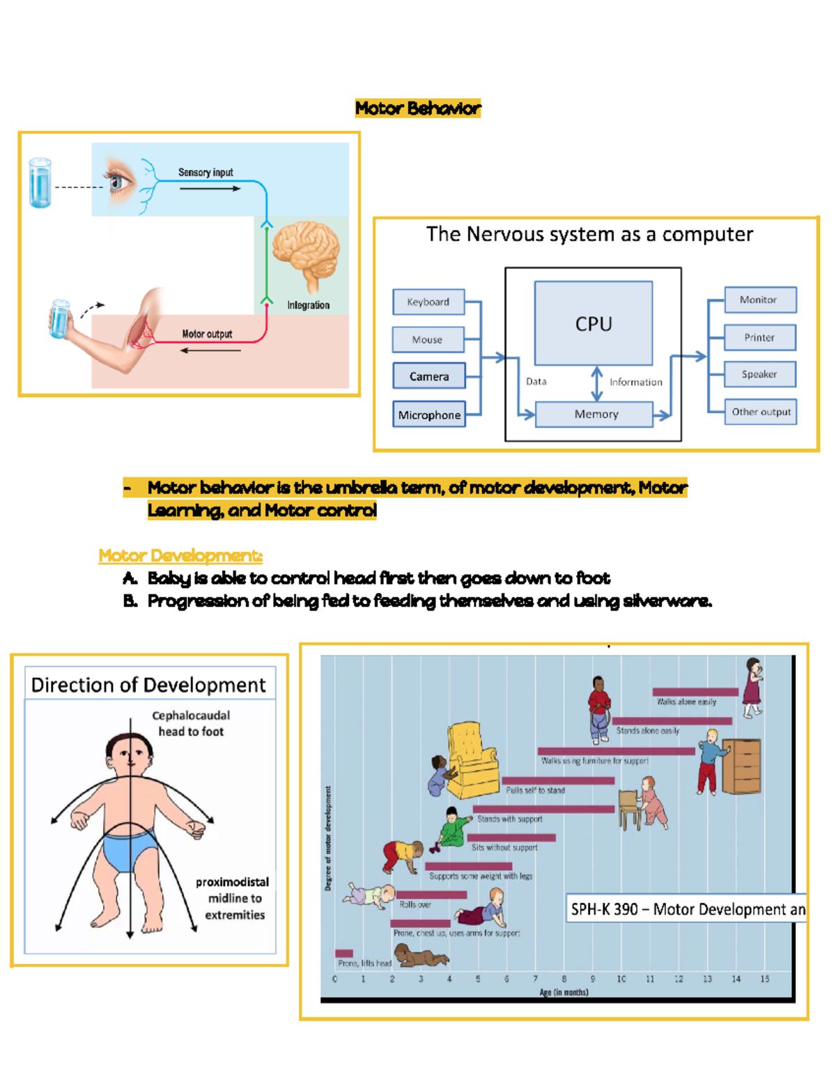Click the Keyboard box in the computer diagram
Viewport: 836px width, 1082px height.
(x=428, y=302)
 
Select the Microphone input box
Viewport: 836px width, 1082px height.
(x=429, y=415)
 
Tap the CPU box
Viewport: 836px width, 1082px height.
(x=594, y=323)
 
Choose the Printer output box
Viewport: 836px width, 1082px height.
(x=760, y=337)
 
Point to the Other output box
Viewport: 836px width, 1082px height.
(x=760, y=412)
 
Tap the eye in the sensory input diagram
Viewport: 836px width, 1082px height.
(x=120, y=181)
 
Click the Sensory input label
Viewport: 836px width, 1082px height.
(x=206, y=172)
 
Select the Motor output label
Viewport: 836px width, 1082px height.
(x=207, y=334)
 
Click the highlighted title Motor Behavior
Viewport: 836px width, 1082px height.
(x=418, y=108)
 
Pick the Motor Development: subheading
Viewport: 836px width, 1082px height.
(x=180, y=555)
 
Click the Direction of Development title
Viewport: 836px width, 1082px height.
(x=148, y=685)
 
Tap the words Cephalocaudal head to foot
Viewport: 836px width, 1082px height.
(x=191, y=723)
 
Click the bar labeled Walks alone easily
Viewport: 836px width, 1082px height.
(x=695, y=692)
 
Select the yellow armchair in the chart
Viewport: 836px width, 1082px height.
(x=472, y=759)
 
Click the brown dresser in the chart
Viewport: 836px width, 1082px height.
(x=741, y=766)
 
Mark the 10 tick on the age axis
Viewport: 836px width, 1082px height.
(x=621, y=979)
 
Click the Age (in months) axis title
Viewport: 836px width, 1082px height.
(x=564, y=992)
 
